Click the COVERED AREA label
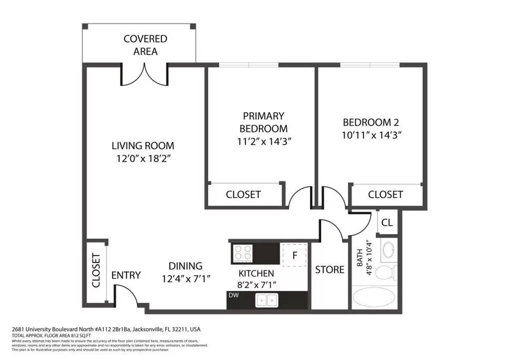click(x=145, y=45)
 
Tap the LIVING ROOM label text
click(x=143, y=146)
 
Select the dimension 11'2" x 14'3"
click(x=264, y=141)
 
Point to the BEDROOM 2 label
click(x=371, y=122)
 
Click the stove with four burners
click(x=243, y=252)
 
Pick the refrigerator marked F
click(x=294, y=255)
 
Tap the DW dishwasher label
click(x=234, y=295)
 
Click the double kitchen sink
click(x=266, y=300)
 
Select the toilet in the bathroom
click(x=385, y=272)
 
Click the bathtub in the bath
click(x=374, y=297)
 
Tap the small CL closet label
click(x=387, y=222)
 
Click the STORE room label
click(x=329, y=269)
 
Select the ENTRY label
click(x=126, y=275)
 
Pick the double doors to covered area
click(x=144, y=76)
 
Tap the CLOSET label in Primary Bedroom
click(x=243, y=194)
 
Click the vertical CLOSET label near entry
click(x=96, y=270)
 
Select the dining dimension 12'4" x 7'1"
click(x=186, y=279)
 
